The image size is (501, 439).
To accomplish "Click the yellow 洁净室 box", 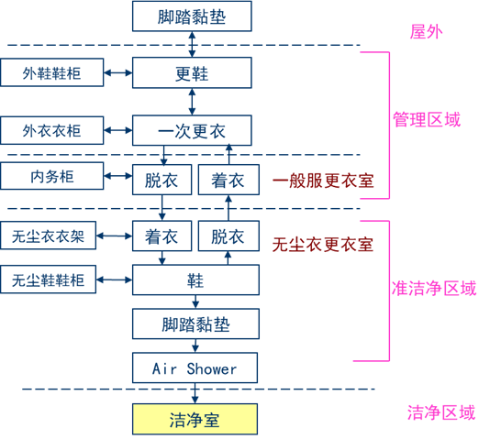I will tap(195, 421).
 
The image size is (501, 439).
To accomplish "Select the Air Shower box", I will tap(195, 369).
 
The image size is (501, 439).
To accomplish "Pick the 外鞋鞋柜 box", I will tap(52, 73).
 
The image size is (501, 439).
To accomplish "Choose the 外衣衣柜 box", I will tap(52, 131).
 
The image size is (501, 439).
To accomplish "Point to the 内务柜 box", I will tap(52, 176).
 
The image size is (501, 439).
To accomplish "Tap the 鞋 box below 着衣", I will tap(195, 280).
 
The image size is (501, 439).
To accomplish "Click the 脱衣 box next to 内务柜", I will tap(161, 181).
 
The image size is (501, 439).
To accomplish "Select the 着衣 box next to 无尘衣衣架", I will tap(161, 236).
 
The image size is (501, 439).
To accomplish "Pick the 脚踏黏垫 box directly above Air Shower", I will tap(195, 324).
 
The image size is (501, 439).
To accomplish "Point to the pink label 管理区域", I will tap(427, 119).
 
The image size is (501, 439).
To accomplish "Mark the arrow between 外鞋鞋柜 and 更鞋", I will tap(118, 73).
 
